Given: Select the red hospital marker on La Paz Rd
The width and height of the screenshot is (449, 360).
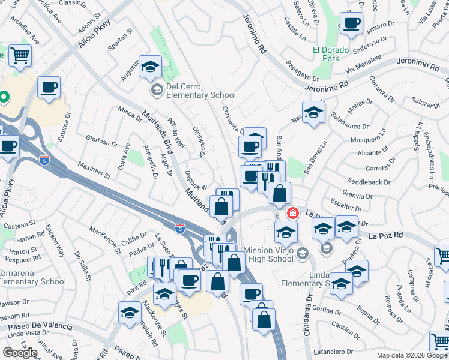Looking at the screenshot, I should (293, 212).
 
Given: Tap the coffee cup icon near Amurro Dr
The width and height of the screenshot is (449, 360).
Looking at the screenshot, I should (351, 25).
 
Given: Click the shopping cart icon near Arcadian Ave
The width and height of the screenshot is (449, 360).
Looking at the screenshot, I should (20, 56).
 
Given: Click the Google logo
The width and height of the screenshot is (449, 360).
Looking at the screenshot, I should (20, 353).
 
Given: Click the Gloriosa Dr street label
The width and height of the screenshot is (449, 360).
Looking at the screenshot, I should (101, 143).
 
